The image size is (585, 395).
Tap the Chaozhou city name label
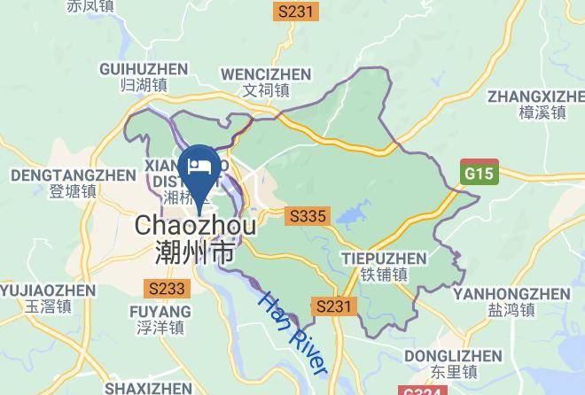tap(196, 227)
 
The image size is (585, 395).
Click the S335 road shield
tap(308, 215)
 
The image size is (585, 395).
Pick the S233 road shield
tap(167, 288)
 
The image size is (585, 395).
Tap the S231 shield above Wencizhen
tap(295, 12)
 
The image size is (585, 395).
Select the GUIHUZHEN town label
tap(144, 69)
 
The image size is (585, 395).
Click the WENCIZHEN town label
tap(266, 74)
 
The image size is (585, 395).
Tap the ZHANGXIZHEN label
tap(536, 95)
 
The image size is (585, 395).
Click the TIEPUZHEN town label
tap(384, 259)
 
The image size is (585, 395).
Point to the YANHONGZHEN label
tap(511, 293)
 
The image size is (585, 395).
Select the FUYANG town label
tap(160, 312)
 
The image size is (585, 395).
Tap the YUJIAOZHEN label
tap(47, 290)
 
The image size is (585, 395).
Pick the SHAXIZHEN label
tap(147, 388)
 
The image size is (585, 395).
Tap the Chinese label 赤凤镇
tap(92, 7)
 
